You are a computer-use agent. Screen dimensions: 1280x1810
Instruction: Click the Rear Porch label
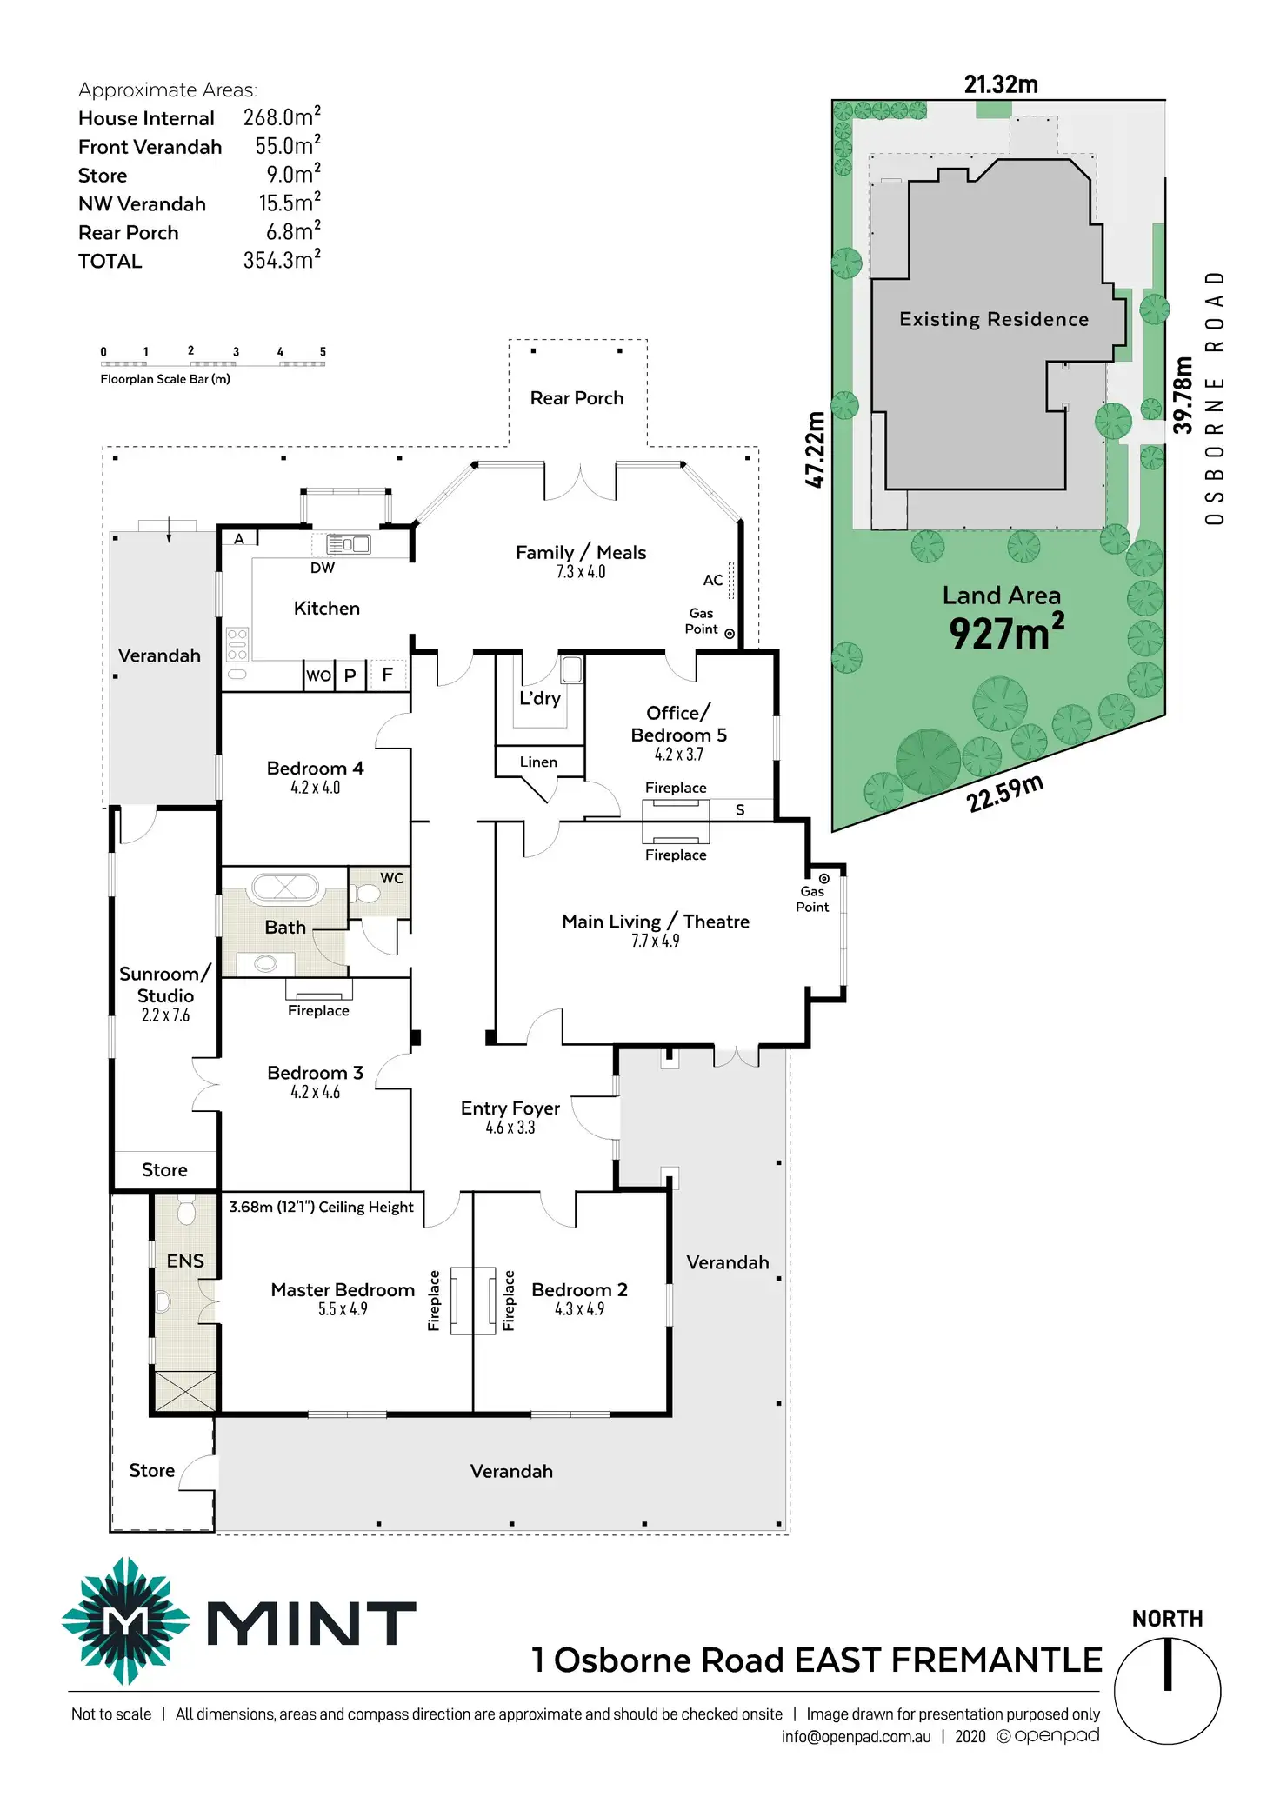(577, 398)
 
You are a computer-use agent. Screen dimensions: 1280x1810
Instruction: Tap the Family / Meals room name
(580, 553)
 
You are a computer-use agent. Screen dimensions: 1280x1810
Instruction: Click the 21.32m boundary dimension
(1001, 84)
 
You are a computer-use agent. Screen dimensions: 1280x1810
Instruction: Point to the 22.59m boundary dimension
(1004, 793)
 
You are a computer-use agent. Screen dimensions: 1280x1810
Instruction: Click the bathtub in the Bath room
(284, 888)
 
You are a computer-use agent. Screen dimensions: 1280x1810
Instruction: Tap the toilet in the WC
(368, 895)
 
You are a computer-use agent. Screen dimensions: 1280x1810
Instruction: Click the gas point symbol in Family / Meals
(730, 634)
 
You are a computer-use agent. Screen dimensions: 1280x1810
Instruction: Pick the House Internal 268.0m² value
(282, 116)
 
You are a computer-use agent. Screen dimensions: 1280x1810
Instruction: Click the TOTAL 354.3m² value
(282, 260)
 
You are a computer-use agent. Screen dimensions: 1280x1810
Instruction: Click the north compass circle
(1167, 1691)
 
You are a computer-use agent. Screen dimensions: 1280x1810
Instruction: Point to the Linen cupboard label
(538, 762)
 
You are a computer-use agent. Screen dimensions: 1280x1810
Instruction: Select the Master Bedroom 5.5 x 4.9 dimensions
(343, 1309)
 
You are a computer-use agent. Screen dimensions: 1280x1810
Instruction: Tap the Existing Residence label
(994, 319)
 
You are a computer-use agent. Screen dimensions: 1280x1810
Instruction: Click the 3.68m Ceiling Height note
(321, 1207)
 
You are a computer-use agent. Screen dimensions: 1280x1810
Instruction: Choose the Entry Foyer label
(510, 1108)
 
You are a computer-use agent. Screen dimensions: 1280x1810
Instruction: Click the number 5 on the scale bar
(323, 352)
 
